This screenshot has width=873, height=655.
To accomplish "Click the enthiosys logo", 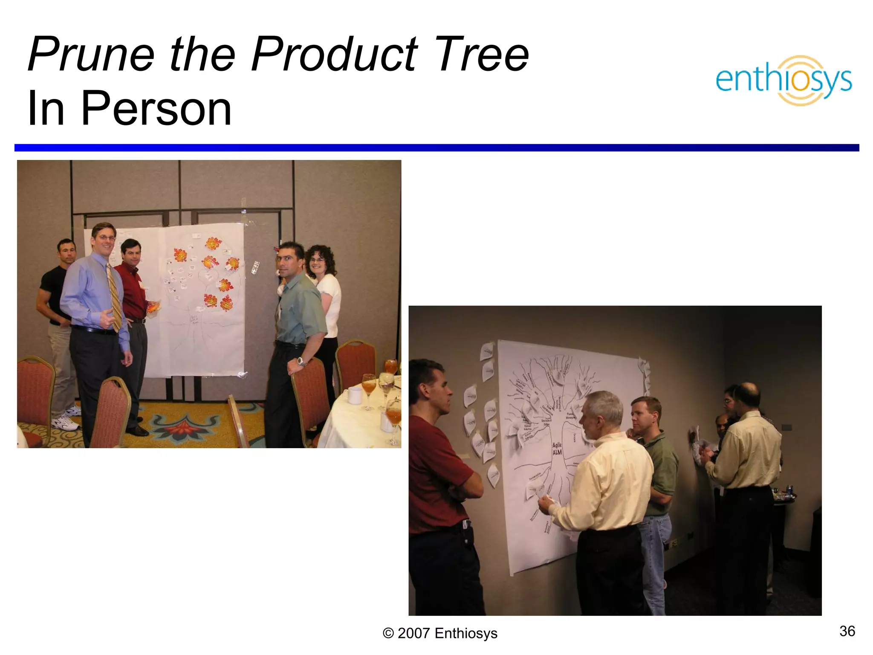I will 783,80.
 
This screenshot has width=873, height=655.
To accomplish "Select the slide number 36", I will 847,631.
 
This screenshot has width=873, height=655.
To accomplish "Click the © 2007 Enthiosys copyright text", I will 440,633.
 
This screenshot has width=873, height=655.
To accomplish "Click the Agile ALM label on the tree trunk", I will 557,449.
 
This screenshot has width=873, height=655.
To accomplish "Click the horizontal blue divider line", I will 436,148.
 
